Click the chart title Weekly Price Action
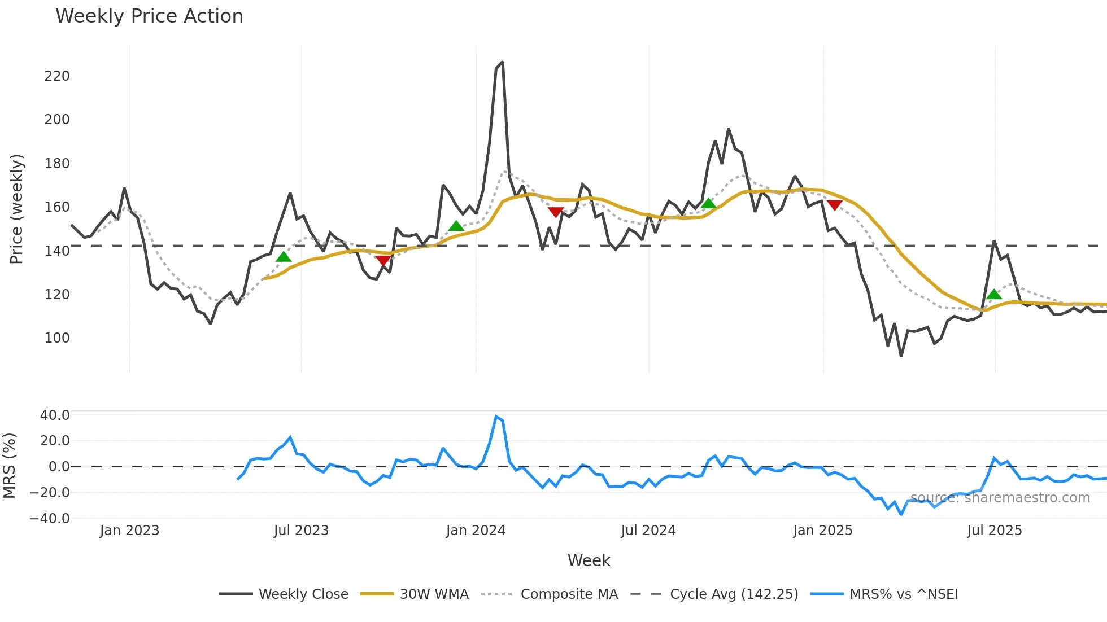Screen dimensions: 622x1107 tap(149, 16)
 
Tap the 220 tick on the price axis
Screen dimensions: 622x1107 tap(57, 76)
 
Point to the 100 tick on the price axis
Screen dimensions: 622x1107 tap(57, 338)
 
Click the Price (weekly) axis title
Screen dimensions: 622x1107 tap(17, 209)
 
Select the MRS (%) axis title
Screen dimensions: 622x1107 tap(10, 466)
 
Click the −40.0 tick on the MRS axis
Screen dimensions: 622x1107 tap(50, 518)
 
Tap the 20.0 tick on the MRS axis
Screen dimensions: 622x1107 tap(55, 441)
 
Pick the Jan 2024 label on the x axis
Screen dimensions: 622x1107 tap(476, 531)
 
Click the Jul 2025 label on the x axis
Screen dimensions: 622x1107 tap(995, 531)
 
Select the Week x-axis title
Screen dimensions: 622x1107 tap(589, 560)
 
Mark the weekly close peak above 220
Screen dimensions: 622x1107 tap(502, 63)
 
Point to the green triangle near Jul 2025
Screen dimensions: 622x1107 tap(994, 294)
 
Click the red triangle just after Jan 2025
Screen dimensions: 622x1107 tap(834, 205)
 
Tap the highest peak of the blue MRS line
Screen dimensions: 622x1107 tap(496, 417)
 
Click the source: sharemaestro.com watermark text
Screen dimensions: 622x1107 tap(1000, 498)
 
